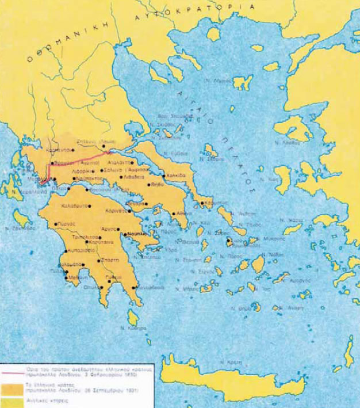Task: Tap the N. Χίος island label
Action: [x=297, y=179]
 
